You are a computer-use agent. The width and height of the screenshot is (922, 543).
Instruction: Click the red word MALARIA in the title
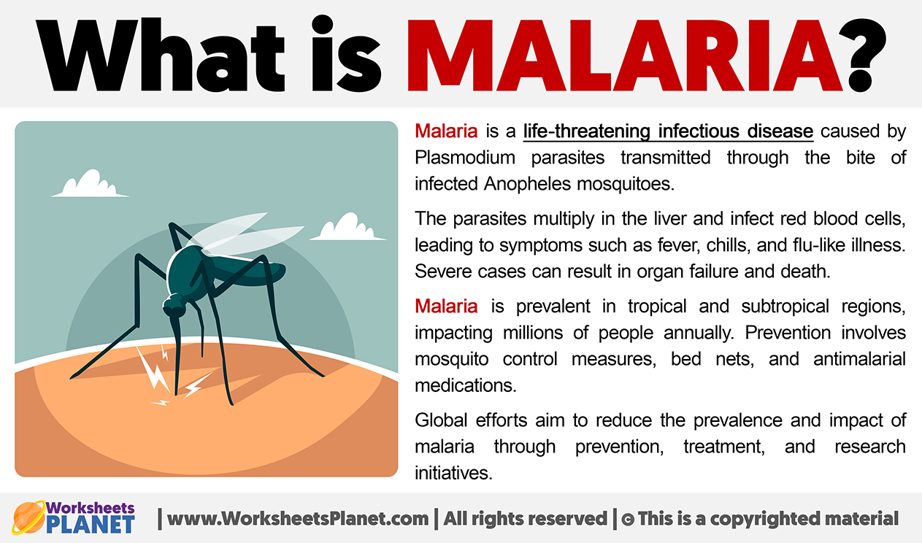coord(625,55)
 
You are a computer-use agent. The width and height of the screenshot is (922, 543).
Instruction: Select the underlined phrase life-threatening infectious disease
coord(668,131)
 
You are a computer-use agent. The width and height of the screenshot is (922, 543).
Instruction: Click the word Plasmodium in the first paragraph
coord(465,158)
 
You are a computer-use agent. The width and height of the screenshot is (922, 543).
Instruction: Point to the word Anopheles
coord(527,184)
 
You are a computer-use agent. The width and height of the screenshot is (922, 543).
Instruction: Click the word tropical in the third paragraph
coord(657,307)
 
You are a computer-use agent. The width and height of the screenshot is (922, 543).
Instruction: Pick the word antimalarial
coord(859,359)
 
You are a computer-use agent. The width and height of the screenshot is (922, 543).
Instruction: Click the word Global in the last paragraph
coord(441,420)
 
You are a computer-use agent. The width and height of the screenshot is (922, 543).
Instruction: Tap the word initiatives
coord(453,473)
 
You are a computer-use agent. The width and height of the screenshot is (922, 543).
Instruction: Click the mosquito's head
coord(174,306)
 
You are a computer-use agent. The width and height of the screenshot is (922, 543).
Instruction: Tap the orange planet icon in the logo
coord(28,517)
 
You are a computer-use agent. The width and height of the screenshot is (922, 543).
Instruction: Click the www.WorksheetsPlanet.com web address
coord(298,519)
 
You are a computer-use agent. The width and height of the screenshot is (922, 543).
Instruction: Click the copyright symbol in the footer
coord(627,520)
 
